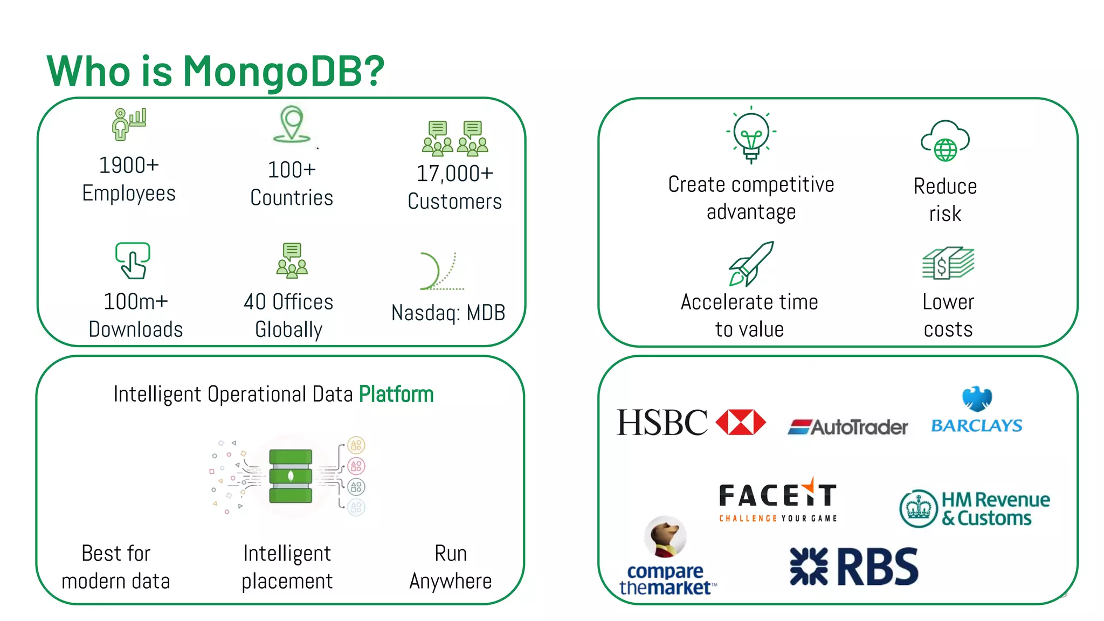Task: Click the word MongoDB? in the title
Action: tap(283, 71)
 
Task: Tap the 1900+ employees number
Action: tap(129, 165)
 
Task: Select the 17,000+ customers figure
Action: tap(454, 174)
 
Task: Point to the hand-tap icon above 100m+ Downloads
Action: tap(133, 260)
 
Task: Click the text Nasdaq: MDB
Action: tap(448, 313)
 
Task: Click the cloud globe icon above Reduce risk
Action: tap(945, 141)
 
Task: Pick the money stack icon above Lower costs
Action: tap(948, 263)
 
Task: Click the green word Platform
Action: tap(396, 394)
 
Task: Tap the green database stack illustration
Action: tap(291, 476)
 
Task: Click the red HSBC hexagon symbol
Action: tap(740, 422)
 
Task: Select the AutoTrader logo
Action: tap(848, 427)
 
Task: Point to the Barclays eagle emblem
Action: tap(977, 399)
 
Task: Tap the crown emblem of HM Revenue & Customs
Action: tap(919, 508)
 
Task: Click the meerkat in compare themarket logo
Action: tap(665, 536)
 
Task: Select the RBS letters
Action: tap(877, 567)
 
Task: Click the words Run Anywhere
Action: tap(450, 567)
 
